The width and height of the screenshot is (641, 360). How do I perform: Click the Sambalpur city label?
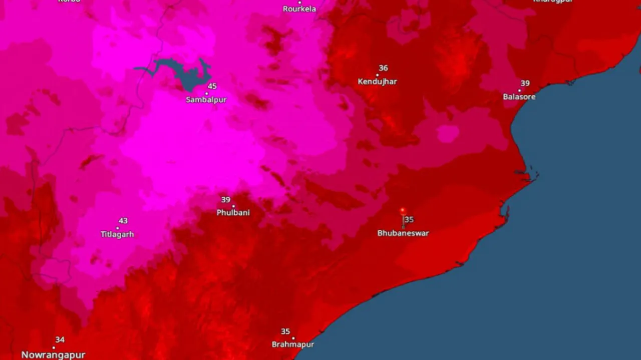coord(206,100)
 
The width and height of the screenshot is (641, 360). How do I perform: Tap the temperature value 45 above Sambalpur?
coord(212,86)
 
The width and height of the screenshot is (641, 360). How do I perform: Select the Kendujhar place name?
coord(377,82)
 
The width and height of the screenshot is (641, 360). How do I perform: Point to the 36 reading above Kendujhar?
coord(383,68)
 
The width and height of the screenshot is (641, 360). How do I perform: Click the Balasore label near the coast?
coord(519,97)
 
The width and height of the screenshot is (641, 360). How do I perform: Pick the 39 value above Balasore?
coord(525,83)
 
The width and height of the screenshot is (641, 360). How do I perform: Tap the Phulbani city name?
coord(233,213)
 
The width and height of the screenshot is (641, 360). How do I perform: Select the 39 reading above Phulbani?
coord(226,200)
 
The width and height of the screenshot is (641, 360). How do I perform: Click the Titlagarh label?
coord(117,234)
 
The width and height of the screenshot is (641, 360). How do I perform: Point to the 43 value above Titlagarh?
coord(123,221)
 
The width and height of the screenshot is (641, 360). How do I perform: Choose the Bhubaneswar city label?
coord(403,233)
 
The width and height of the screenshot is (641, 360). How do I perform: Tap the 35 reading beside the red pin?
coord(410,220)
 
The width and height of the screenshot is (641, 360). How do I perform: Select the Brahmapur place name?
coord(292,344)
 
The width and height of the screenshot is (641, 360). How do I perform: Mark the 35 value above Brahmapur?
coord(285,331)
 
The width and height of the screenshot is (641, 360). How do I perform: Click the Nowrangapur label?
coord(53,355)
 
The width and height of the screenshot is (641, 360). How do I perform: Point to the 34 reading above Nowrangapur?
coord(60,340)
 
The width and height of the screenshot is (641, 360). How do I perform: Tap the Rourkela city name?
coord(299,9)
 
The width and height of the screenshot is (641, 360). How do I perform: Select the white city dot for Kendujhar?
coord(377,75)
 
